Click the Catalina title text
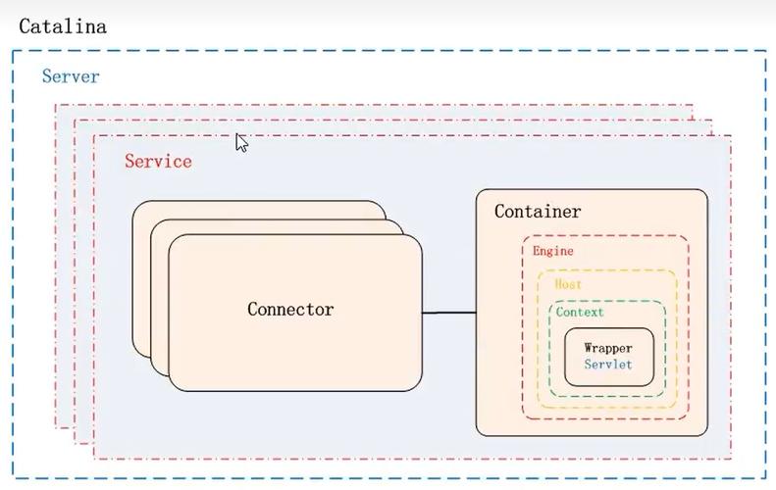pos(62,26)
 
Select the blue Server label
pos(71,76)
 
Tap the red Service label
pos(158,162)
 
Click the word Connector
pos(290,310)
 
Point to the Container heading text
pos(537,212)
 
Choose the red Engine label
pos(553,251)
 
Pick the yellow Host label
pos(568,284)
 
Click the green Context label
pos(580,313)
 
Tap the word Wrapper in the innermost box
pos(608,348)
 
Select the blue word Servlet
pos(608,365)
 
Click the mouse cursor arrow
pos(241,143)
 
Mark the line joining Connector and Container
pos(449,313)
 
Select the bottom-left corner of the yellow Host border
pos(539,406)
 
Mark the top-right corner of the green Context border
pos(664,304)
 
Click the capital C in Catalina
pos(25,26)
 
